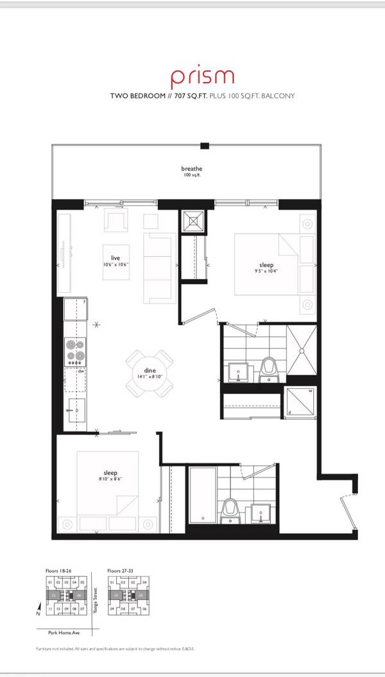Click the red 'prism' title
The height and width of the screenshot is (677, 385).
pyautogui.click(x=202, y=78)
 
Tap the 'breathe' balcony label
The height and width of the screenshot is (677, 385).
pyautogui.click(x=191, y=169)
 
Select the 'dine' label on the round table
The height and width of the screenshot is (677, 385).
pyautogui.click(x=150, y=371)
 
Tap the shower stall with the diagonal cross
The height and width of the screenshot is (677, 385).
pyautogui.click(x=300, y=350)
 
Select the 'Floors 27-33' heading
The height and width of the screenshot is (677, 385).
pyautogui.click(x=123, y=570)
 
